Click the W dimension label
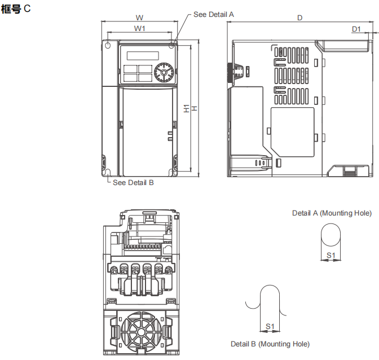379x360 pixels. coord(139,17)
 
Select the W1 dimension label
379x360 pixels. coord(140,28)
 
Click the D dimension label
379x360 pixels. coord(299,18)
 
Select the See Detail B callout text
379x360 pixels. coord(133,182)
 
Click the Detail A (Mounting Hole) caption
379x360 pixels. coord(332,213)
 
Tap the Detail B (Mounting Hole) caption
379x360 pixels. coord(270,344)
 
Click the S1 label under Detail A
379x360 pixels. coord(332,256)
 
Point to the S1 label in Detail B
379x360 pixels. coord(270,326)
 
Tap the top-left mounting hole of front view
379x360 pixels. coord(108,45)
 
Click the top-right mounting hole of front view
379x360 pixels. coord(171,44)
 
